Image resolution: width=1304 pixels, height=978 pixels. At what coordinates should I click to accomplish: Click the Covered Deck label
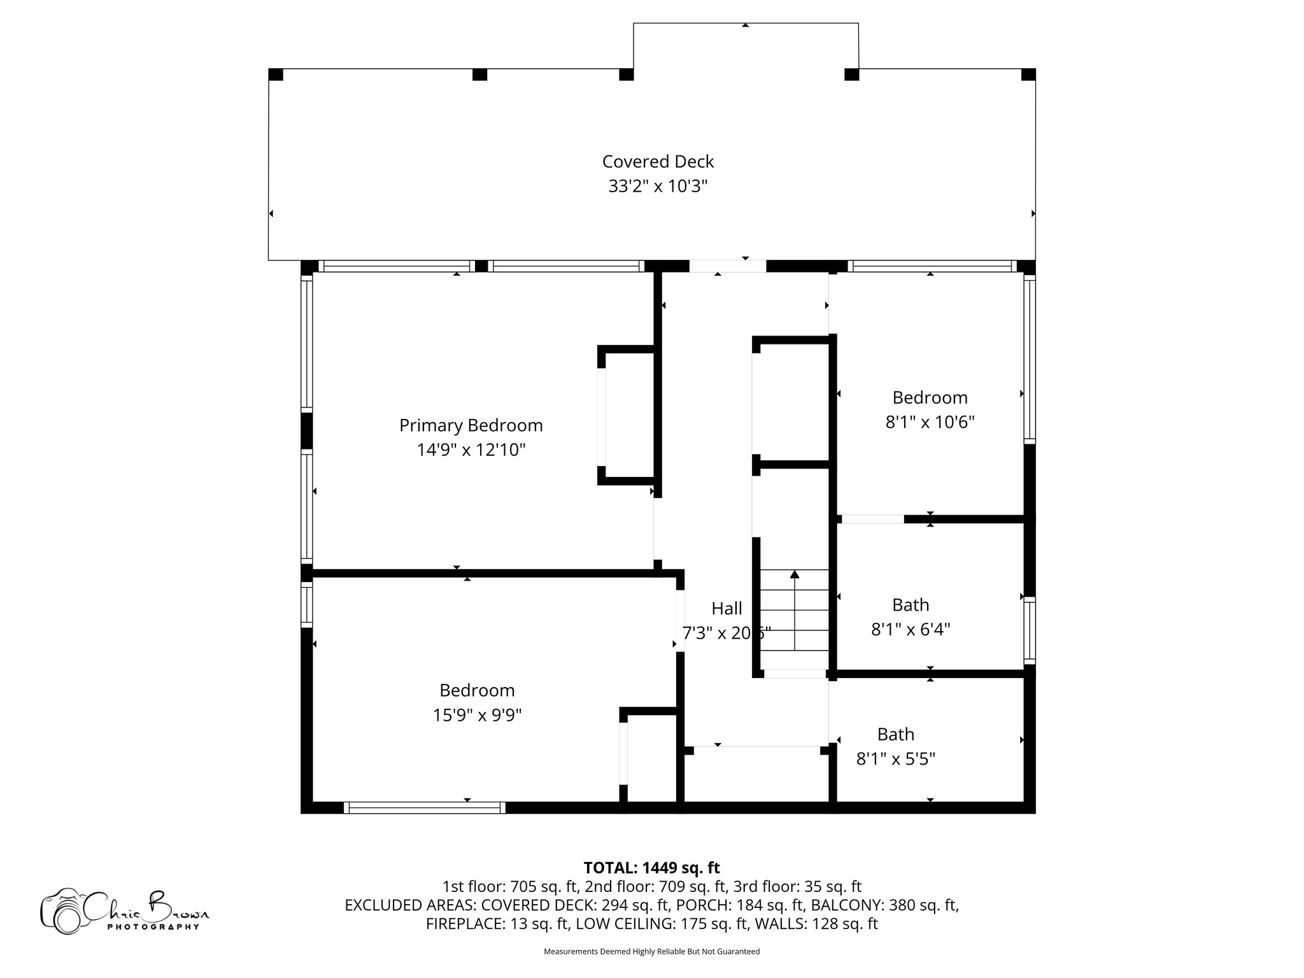(658, 162)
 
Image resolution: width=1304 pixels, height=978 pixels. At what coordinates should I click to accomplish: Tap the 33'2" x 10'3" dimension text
(658, 187)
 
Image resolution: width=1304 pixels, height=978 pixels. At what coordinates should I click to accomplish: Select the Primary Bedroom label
(471, 425)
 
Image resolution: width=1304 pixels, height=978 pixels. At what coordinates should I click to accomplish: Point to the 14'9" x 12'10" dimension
(471, 450)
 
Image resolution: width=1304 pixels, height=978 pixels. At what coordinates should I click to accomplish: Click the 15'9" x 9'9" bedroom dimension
(477, 715)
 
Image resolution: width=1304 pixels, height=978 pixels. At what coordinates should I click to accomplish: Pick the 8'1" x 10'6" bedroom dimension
(930, 422)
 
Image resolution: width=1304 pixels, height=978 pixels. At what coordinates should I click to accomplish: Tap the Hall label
(726, 609)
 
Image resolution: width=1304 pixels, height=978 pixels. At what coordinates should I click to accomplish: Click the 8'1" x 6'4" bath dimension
(911, 630)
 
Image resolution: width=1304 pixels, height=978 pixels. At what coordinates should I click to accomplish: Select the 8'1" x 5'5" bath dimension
(895, 759)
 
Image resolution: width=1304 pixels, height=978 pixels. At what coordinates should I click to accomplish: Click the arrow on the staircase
(795, 575)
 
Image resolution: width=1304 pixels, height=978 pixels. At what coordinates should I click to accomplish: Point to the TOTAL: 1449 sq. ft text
(651, 868)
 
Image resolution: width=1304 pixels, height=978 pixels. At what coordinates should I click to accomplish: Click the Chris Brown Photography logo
(124, 911)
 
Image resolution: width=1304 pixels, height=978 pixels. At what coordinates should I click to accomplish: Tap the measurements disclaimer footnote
(651, 952)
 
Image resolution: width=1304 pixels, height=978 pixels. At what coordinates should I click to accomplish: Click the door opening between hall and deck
(728, 266)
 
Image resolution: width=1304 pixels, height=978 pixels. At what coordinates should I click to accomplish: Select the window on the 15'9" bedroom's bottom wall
(425, 808)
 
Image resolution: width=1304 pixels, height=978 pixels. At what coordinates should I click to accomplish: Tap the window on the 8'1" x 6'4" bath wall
(1029, 630)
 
